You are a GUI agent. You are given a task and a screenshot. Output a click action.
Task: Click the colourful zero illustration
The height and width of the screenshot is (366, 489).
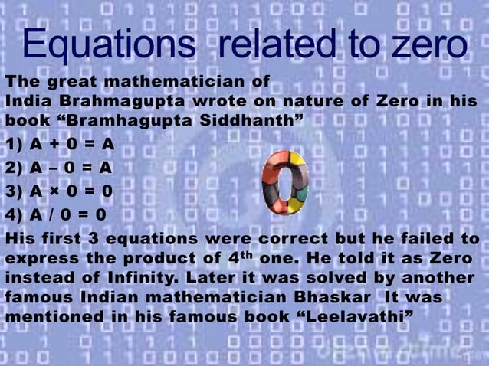284,183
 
